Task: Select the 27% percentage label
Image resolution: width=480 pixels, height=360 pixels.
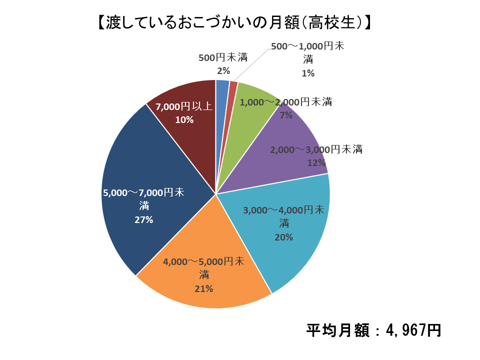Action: [x=143, y=219]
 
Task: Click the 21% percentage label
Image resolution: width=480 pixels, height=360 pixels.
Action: [x=203, y=288]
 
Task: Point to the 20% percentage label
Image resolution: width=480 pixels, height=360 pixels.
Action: [x=283, y=237]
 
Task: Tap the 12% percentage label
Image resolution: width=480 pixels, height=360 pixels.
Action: [x=316, y=163]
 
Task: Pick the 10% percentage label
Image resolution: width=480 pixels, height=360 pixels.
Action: [x=184, y=120]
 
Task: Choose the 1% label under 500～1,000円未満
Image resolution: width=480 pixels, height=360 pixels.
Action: [x=307, y=73]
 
